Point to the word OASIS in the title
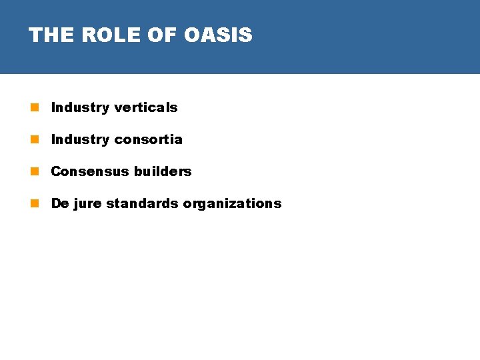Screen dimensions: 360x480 [218, 35]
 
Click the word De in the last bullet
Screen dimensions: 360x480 [60, 203]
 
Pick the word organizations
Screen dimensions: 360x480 [232, 203]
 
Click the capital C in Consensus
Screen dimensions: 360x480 [56, 171]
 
